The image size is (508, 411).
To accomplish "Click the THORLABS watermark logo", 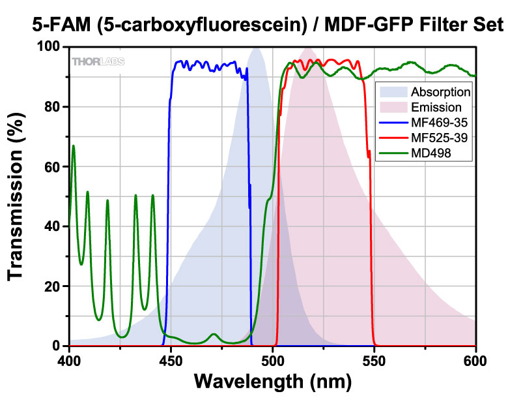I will click(98, 62).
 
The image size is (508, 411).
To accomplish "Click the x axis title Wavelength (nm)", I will click(272, 380).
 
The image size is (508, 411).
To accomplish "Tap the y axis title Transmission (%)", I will click(17, 196).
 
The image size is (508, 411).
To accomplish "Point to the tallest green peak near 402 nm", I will click(74, 146).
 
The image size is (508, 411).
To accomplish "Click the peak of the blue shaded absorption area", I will click(256, 48).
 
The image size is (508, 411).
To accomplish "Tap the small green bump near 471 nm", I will click(214, 335).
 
